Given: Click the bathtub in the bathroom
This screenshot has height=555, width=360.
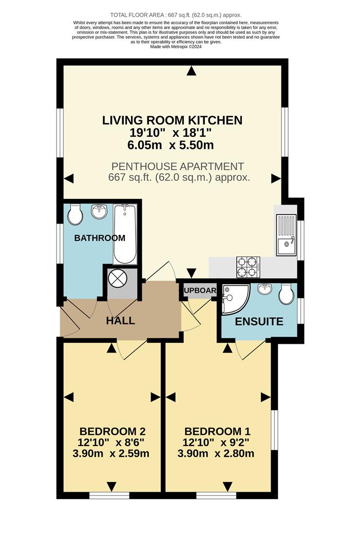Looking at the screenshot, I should coord(125,233).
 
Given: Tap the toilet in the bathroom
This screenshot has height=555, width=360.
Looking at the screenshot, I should coord(75,214).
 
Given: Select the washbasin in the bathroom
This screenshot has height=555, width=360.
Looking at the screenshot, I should coord(99,211).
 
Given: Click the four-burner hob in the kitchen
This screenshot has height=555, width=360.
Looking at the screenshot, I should coord(248,266).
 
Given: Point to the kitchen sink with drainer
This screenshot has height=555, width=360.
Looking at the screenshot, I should coord(285,234).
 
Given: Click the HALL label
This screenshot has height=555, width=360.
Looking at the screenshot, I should coord(121,321).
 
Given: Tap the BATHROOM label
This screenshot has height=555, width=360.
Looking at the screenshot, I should coord(100,238).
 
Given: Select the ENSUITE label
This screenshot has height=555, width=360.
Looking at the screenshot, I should coord(259,322).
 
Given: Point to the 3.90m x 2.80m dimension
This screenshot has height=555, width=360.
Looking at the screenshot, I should coord(216,454).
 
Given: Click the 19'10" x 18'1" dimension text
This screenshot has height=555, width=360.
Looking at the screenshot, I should coord(171,133).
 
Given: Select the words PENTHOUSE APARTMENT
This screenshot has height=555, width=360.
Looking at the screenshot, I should coord(177,166).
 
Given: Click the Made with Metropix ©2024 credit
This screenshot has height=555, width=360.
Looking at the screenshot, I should coord(176,47).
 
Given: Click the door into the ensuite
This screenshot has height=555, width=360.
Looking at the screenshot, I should coord(251,348).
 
